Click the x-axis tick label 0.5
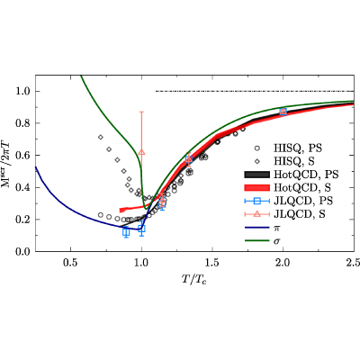point(70,263)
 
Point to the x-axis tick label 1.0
point(141,263)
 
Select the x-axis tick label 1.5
point(212,263)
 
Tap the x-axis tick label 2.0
point(283,263)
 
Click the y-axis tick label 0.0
point(23,251)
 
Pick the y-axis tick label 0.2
point(23,220)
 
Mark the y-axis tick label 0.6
point(23,155)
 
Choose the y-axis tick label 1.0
point(23,91)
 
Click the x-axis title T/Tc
point(194,279)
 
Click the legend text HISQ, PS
point(298,148)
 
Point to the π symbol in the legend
point(277,228)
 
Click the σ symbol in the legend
point(276,241)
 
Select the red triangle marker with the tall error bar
point(141,152)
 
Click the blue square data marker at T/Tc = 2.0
point(283,112)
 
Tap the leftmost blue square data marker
point(126,231)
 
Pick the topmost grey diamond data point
point(101,137)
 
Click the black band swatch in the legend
point(257,175)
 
